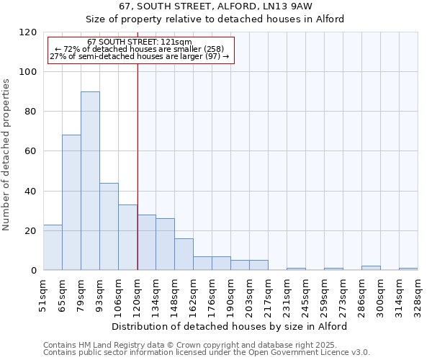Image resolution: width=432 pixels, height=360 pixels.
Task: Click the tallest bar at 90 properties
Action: [x=90, y=181]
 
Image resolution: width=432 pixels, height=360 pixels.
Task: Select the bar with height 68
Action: [x=71, y=202]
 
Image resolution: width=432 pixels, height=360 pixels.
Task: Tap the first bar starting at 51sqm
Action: [x=53, y=248]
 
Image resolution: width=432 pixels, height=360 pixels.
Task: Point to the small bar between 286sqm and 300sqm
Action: [x=371, y=268]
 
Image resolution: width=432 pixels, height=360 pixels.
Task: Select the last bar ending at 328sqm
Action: [x=408, y=269]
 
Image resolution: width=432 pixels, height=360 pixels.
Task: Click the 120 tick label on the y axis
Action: [x=28, y=32]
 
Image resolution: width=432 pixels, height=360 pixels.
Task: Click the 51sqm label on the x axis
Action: [x=43, y=295]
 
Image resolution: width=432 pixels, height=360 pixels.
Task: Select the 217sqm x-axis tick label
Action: [x=268, y=295]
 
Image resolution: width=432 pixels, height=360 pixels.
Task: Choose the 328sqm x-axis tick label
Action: [x=418, y=295]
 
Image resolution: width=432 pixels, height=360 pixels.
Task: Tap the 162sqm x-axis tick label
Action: [x=193, y=295]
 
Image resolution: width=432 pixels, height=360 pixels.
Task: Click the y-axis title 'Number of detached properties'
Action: [x=6, y=155]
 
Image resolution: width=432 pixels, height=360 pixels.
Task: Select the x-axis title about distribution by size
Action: [x=230, y=326]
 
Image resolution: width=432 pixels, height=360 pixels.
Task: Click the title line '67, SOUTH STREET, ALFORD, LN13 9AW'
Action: [x=215, y=6]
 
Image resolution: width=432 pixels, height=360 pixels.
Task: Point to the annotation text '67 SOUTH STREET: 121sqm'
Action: [x=139, y=42]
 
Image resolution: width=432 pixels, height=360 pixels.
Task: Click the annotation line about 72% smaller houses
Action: [x=140, y=49]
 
